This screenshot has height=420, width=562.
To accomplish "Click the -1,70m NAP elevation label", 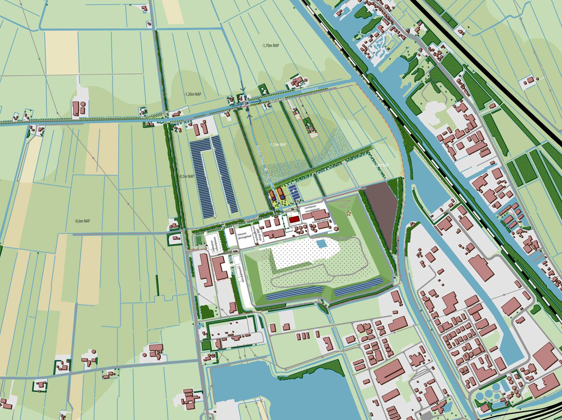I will point(270,46).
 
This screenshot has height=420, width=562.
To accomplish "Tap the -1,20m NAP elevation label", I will point(193,94).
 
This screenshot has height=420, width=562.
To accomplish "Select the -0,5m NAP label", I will point(186,176).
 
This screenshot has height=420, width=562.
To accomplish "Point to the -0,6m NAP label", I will point(82,221).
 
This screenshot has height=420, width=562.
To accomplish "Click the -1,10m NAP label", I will point(277,144).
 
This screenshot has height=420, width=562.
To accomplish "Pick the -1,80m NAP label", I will point(380,165).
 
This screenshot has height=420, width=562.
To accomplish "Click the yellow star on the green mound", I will point(349,214).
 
